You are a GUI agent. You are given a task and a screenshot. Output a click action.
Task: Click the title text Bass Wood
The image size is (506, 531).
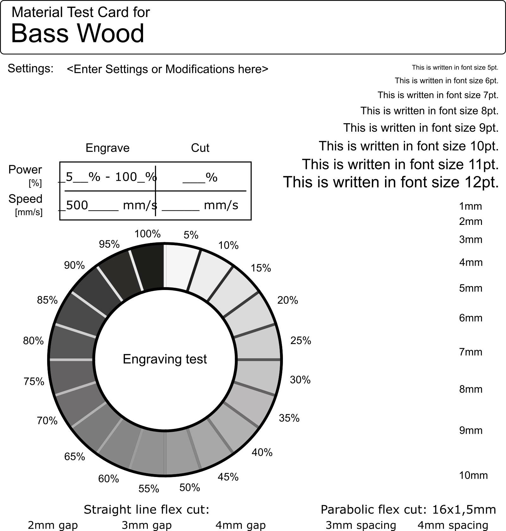coord(78,33)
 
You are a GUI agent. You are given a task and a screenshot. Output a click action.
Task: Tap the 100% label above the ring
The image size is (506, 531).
coord(147,234)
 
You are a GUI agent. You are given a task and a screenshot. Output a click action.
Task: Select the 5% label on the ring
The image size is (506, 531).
coord(191,235)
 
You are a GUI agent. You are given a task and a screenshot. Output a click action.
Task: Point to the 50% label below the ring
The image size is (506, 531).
coord(190,488)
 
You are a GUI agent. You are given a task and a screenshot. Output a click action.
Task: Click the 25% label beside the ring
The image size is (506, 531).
coord(301,341)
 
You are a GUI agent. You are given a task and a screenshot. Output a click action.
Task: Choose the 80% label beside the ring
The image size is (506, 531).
coord(33,341)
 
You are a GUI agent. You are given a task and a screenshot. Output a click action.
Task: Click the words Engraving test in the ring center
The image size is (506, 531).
coord(165,359)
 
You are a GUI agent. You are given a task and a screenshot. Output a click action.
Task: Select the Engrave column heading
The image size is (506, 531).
coord(108,148)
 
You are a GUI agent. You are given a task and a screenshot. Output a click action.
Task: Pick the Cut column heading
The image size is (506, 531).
coord(200,148)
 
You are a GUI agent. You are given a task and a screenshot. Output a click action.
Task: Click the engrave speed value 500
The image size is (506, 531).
coord(77,205)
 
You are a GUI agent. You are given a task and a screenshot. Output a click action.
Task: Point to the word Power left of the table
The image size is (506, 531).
coord(25,170)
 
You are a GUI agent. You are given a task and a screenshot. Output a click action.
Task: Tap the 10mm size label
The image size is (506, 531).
coord(473,475)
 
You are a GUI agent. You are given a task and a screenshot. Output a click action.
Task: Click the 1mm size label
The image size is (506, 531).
coord(471,206)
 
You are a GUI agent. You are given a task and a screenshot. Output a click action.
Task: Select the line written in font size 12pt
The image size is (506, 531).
coord(391,182)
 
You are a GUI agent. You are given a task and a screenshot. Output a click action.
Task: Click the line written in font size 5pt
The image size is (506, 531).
coord(455,67)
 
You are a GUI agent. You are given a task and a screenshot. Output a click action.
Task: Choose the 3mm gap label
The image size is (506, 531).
coord(147,525)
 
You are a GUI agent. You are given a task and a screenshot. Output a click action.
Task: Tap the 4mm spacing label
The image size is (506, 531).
coord(453,525)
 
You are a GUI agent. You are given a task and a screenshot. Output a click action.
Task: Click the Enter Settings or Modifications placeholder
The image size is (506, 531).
coord(168,69)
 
